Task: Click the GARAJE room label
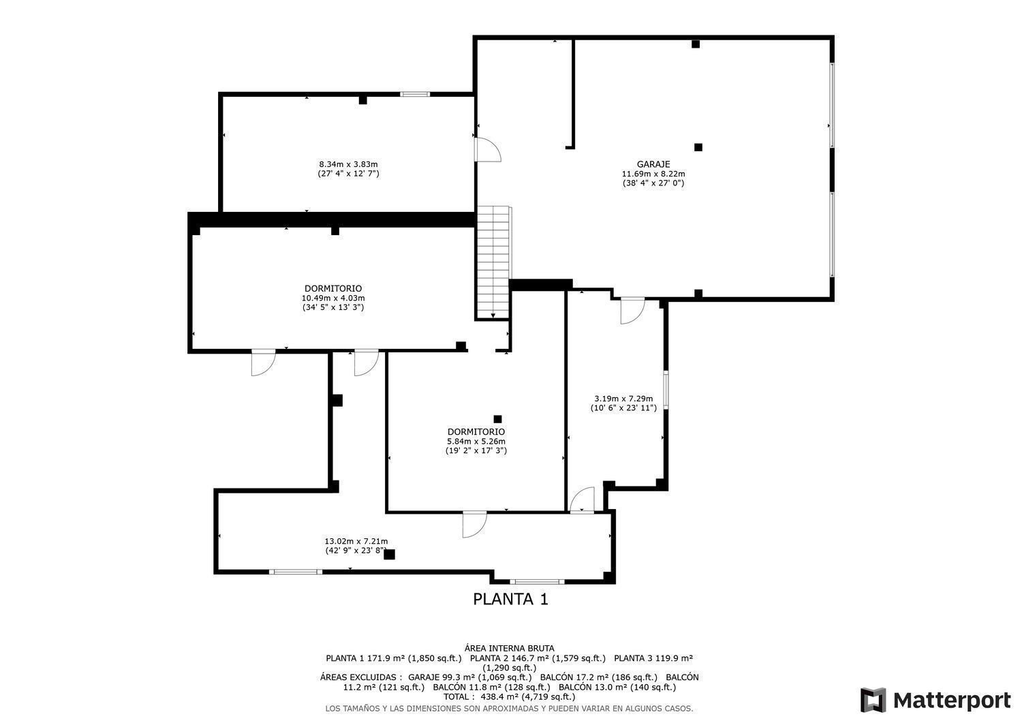pos(653,164)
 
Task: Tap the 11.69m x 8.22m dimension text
pos(653,174)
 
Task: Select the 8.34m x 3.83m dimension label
pos(348,164)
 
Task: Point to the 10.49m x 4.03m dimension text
pos(333,298)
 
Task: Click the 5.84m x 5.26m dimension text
pos(476,442)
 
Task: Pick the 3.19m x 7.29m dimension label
pos(623,399)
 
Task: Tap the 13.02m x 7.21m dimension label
pos(356,541)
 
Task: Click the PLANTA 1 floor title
pos(510,599)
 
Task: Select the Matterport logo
pos(935,700)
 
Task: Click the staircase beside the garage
pos(493,262)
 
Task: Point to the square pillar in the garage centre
pos(698,147)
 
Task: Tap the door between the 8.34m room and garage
pos(487,150)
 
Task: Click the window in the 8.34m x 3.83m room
pos(415,95)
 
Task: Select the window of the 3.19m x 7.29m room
pos(666,390)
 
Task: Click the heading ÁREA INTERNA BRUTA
pos(509,648)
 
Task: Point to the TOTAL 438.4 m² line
pos(509,697)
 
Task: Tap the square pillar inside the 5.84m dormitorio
pos(498,419)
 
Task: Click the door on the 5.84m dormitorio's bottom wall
pos(474,525)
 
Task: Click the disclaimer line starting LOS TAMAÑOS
pos(509,709)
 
